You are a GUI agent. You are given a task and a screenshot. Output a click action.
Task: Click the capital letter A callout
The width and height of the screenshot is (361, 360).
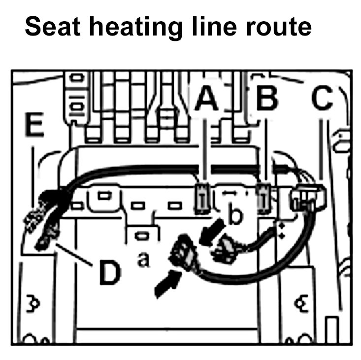tap(206, 99)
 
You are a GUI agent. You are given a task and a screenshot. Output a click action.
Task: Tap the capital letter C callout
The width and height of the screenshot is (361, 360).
tap(323, 100)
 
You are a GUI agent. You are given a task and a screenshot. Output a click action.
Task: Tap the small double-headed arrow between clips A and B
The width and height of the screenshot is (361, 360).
tap(228, 190)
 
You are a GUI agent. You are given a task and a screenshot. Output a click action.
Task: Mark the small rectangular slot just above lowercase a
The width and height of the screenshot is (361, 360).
tap(142, 235)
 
